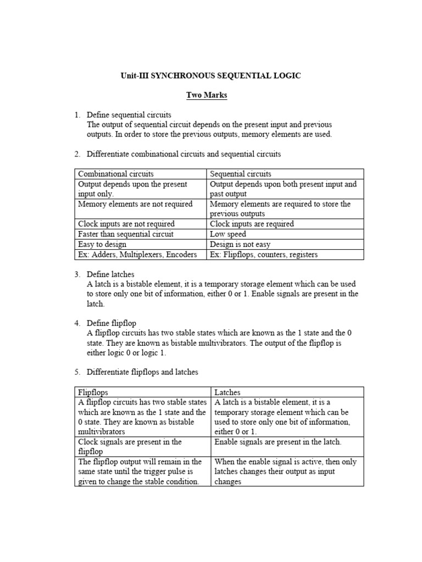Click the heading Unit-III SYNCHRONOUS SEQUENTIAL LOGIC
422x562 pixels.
point(210,76)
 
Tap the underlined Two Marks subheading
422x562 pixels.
point(207,95)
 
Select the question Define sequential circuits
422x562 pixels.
point(129,115)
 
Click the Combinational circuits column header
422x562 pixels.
point(116,174)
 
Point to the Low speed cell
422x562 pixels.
point(227,234)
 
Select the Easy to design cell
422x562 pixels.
point(102,244)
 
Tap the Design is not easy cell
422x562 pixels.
point(240,244)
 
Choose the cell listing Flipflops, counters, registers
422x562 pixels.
point(264,255)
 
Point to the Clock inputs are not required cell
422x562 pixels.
point(126,224)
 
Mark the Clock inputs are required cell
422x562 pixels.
point(252,224)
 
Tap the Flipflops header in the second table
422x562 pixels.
point(93,392)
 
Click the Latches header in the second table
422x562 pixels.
point(227,392)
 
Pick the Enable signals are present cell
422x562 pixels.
point(278,442)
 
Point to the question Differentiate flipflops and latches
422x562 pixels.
point(142,372)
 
